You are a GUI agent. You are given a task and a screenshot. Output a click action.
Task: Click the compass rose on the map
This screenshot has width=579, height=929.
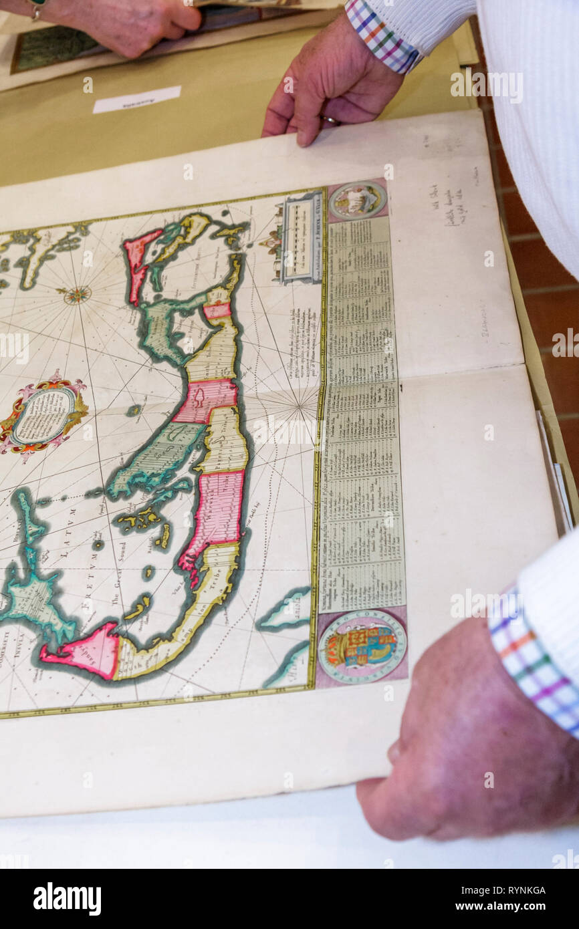77,294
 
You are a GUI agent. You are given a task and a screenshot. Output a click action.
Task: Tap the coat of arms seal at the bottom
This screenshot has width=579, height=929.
361,646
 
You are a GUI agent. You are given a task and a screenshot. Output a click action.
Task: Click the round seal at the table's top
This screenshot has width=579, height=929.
358,200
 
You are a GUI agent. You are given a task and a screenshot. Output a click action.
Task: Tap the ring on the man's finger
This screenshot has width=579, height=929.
330,120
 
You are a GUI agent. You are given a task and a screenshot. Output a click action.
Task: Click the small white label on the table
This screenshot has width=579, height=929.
137,99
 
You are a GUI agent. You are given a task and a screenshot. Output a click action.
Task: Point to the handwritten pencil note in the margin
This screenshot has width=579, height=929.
457,205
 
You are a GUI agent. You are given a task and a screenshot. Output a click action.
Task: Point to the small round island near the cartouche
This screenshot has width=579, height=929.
134,410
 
